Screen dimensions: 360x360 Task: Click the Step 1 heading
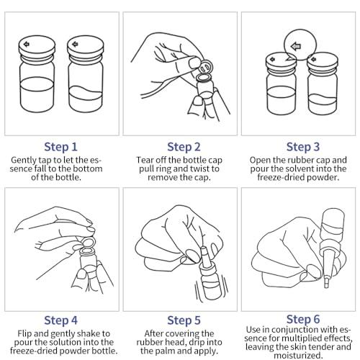click(x=60, y=147)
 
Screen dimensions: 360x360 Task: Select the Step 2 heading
click(x=184, y=147)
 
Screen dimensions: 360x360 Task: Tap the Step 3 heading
click(x=303, y=147)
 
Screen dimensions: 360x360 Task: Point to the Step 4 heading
click(x=60, y=320)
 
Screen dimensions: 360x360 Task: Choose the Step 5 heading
click(x=184, y=320)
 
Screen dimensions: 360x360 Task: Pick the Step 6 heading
click(x=303, y=319)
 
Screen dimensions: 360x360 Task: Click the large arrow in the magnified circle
click(x=295, y=46)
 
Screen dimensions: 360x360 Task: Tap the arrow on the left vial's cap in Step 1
click(x=27, y=44)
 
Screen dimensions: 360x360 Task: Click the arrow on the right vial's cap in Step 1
click(x=75, y=44)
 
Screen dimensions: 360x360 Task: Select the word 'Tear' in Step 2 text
click(x=144, y=160)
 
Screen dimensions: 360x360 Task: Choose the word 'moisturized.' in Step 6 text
click(x=298, y=355)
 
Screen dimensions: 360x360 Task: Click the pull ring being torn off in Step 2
click(x=206, y=67)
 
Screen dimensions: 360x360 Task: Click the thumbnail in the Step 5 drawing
click(x=192, y=254)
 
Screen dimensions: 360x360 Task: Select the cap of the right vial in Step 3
click(x=323, y=60)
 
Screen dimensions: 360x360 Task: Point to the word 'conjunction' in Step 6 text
click(x=302, y=330)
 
